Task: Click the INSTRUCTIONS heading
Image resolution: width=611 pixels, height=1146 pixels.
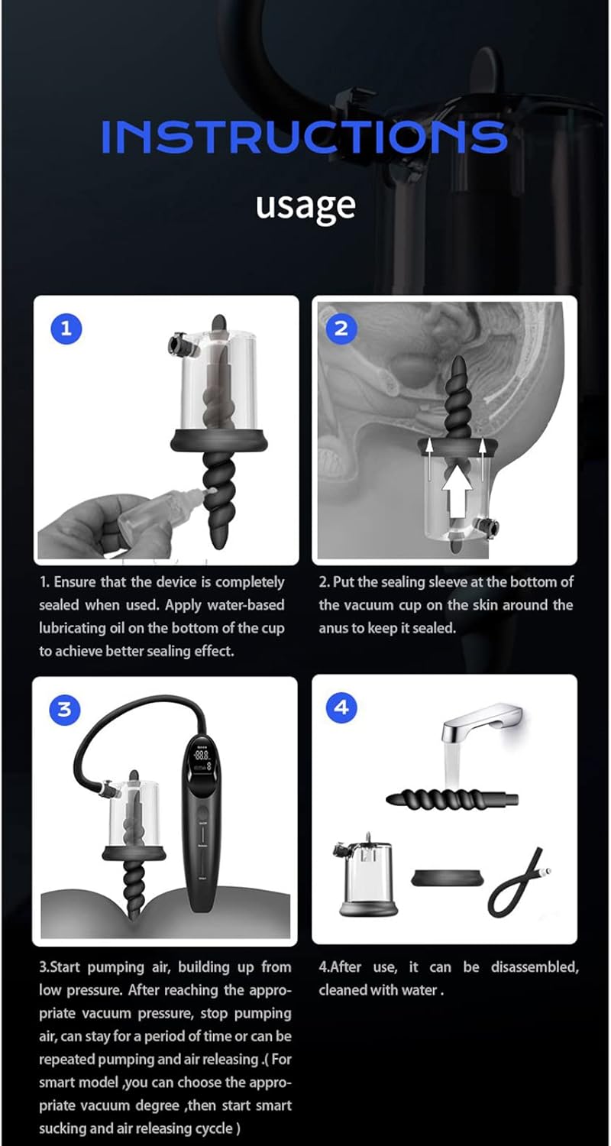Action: (304, 137)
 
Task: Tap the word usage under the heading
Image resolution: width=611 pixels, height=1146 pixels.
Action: (305, 206)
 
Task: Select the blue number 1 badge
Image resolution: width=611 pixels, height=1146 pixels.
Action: (66, 329)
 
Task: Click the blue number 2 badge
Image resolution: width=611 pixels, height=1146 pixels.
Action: (341, 328)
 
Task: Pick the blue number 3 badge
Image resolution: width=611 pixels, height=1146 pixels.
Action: (65, 710)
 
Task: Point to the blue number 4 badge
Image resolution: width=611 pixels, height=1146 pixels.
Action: (341, 707)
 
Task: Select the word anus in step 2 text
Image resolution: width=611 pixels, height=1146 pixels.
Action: (333, 628)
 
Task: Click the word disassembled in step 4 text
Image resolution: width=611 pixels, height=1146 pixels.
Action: (535, 967)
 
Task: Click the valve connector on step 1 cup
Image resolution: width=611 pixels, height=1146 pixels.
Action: (180, 344)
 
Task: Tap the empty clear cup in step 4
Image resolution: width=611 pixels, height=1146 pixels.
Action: (365, 877)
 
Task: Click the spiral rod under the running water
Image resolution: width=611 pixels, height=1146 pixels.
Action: (452, 798)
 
